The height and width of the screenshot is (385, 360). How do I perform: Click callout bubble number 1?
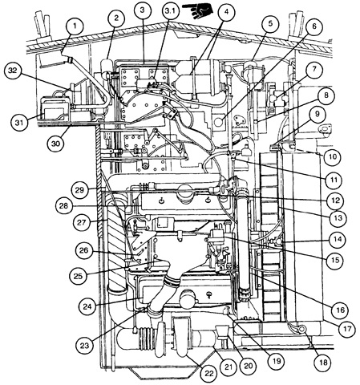75,26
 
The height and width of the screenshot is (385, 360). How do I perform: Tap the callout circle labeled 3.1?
170,11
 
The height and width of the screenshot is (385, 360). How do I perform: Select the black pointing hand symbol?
198,10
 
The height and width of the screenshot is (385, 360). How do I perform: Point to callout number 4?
226,12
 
